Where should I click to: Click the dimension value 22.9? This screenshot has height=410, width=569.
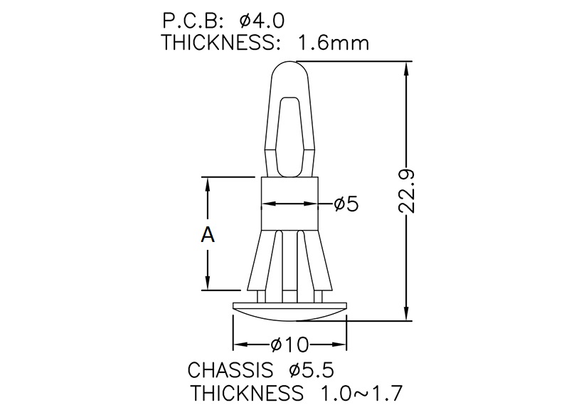point(406,191)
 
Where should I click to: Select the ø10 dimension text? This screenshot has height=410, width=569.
point(289,345)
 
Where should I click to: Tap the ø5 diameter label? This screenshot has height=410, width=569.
point(346,204)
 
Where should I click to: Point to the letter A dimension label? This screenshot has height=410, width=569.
point(208,234)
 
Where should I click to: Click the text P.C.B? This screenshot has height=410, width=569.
point(192,21)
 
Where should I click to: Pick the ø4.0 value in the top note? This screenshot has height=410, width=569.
point(262,21)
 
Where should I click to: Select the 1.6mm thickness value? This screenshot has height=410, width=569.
point(333,43)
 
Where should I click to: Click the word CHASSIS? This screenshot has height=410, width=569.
point(230,370)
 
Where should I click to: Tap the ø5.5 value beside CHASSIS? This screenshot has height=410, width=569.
point(312,370)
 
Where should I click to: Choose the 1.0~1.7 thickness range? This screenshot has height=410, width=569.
point(361,393)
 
